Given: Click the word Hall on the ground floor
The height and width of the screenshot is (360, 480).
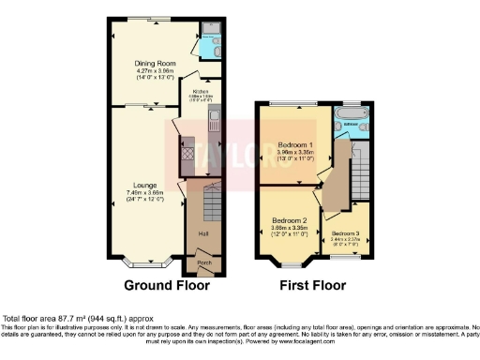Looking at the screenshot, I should tap(202, 233).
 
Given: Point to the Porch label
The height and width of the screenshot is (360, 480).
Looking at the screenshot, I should tap(203, 263).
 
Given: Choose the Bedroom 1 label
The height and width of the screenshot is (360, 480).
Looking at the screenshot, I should tap(294, 145).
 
